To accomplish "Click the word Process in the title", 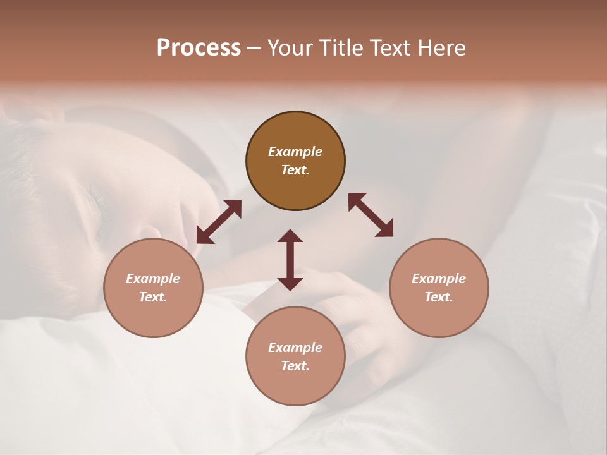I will (x=199, y=48).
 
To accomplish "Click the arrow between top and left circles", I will (x=219, y=222).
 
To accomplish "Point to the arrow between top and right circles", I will (x=371, y=215).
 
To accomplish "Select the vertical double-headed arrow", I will (x=290, y=260).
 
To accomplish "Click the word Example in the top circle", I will (x=295, y=152).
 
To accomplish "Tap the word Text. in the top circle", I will (x=295, y=170).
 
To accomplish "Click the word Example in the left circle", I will (x=153, y=279).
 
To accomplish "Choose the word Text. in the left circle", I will (x=153, y=297).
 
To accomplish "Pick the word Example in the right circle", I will (x=439, y=279).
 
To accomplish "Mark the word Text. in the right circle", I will (x=439, y=297).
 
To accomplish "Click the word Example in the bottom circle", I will (x=295, y=348).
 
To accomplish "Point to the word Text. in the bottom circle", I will (x=295, y=366).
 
